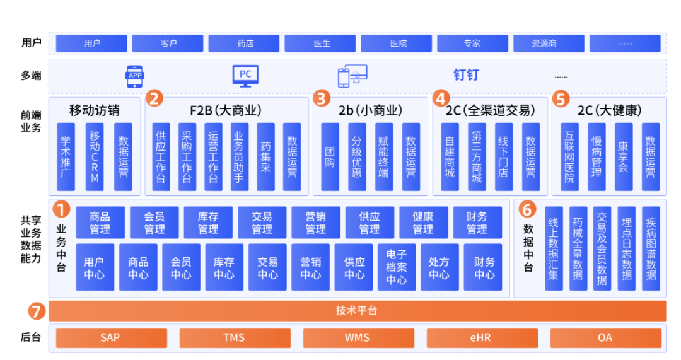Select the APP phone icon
[135, 76]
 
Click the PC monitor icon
[245, 76]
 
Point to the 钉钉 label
[466, 76]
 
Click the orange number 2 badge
[154, 98]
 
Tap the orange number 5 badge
[561, 98]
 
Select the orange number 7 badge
[38, 311]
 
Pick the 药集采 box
[265, 156]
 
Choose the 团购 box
[330, 156]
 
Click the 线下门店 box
[503, 156]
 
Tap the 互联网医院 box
[569, 156]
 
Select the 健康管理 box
[423, 223]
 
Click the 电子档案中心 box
[397, 267]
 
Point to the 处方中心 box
[439, 267]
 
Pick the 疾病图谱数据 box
[651, 248]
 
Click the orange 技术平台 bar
[357, 311]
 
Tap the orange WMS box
[357, 338]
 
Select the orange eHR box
[480, 338]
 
